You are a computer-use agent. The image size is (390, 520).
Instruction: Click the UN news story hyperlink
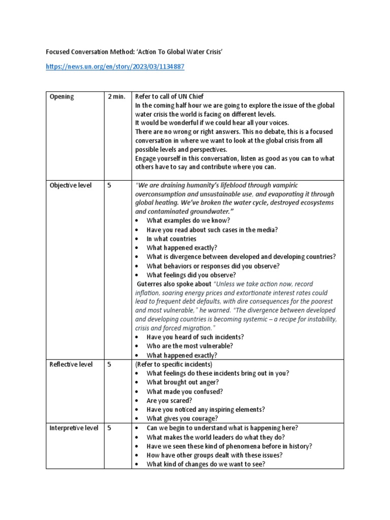pos(115,67)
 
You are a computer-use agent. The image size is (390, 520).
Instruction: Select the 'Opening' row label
pos(61,96)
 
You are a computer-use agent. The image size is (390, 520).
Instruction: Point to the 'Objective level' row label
pos(71,185)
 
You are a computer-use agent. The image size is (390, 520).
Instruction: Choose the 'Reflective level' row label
pos(71,364)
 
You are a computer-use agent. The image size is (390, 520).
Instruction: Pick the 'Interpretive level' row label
pos(74,428)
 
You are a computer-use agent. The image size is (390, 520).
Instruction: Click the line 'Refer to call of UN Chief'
pos(170,96)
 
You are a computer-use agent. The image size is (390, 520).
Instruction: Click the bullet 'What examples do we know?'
pos(188,220)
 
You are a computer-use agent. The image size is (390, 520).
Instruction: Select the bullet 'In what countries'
pos(171,239)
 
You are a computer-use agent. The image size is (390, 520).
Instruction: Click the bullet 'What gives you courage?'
pos(182,418)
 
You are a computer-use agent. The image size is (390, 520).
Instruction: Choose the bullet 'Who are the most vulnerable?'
pos(189,346)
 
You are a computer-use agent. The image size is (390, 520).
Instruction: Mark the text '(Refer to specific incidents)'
pos(173,364)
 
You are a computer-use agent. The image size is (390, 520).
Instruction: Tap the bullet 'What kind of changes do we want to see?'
pos(206,464)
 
